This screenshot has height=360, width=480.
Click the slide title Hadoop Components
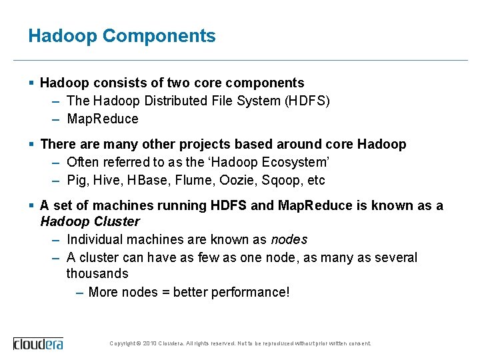122,36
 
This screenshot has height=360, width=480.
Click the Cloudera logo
39,343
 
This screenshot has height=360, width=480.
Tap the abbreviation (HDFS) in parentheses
307,101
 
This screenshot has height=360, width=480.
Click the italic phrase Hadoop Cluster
90,221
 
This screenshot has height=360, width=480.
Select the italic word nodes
289,239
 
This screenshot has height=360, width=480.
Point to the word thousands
97,274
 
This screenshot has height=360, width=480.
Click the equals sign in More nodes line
163,292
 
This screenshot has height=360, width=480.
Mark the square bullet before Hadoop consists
32,83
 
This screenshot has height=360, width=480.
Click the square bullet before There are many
32,144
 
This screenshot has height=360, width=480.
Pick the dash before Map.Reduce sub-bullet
57,119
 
